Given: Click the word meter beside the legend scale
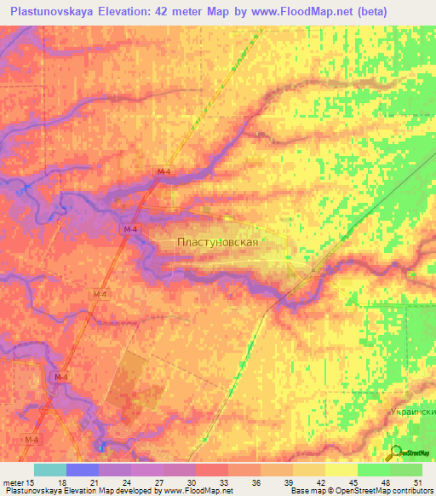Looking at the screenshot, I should [x=14, y=482].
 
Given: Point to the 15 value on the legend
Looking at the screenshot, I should [x=32, y=482].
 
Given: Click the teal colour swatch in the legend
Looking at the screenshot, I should [x=49, y=470].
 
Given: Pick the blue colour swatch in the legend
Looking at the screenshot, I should [x=82, y=470].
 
